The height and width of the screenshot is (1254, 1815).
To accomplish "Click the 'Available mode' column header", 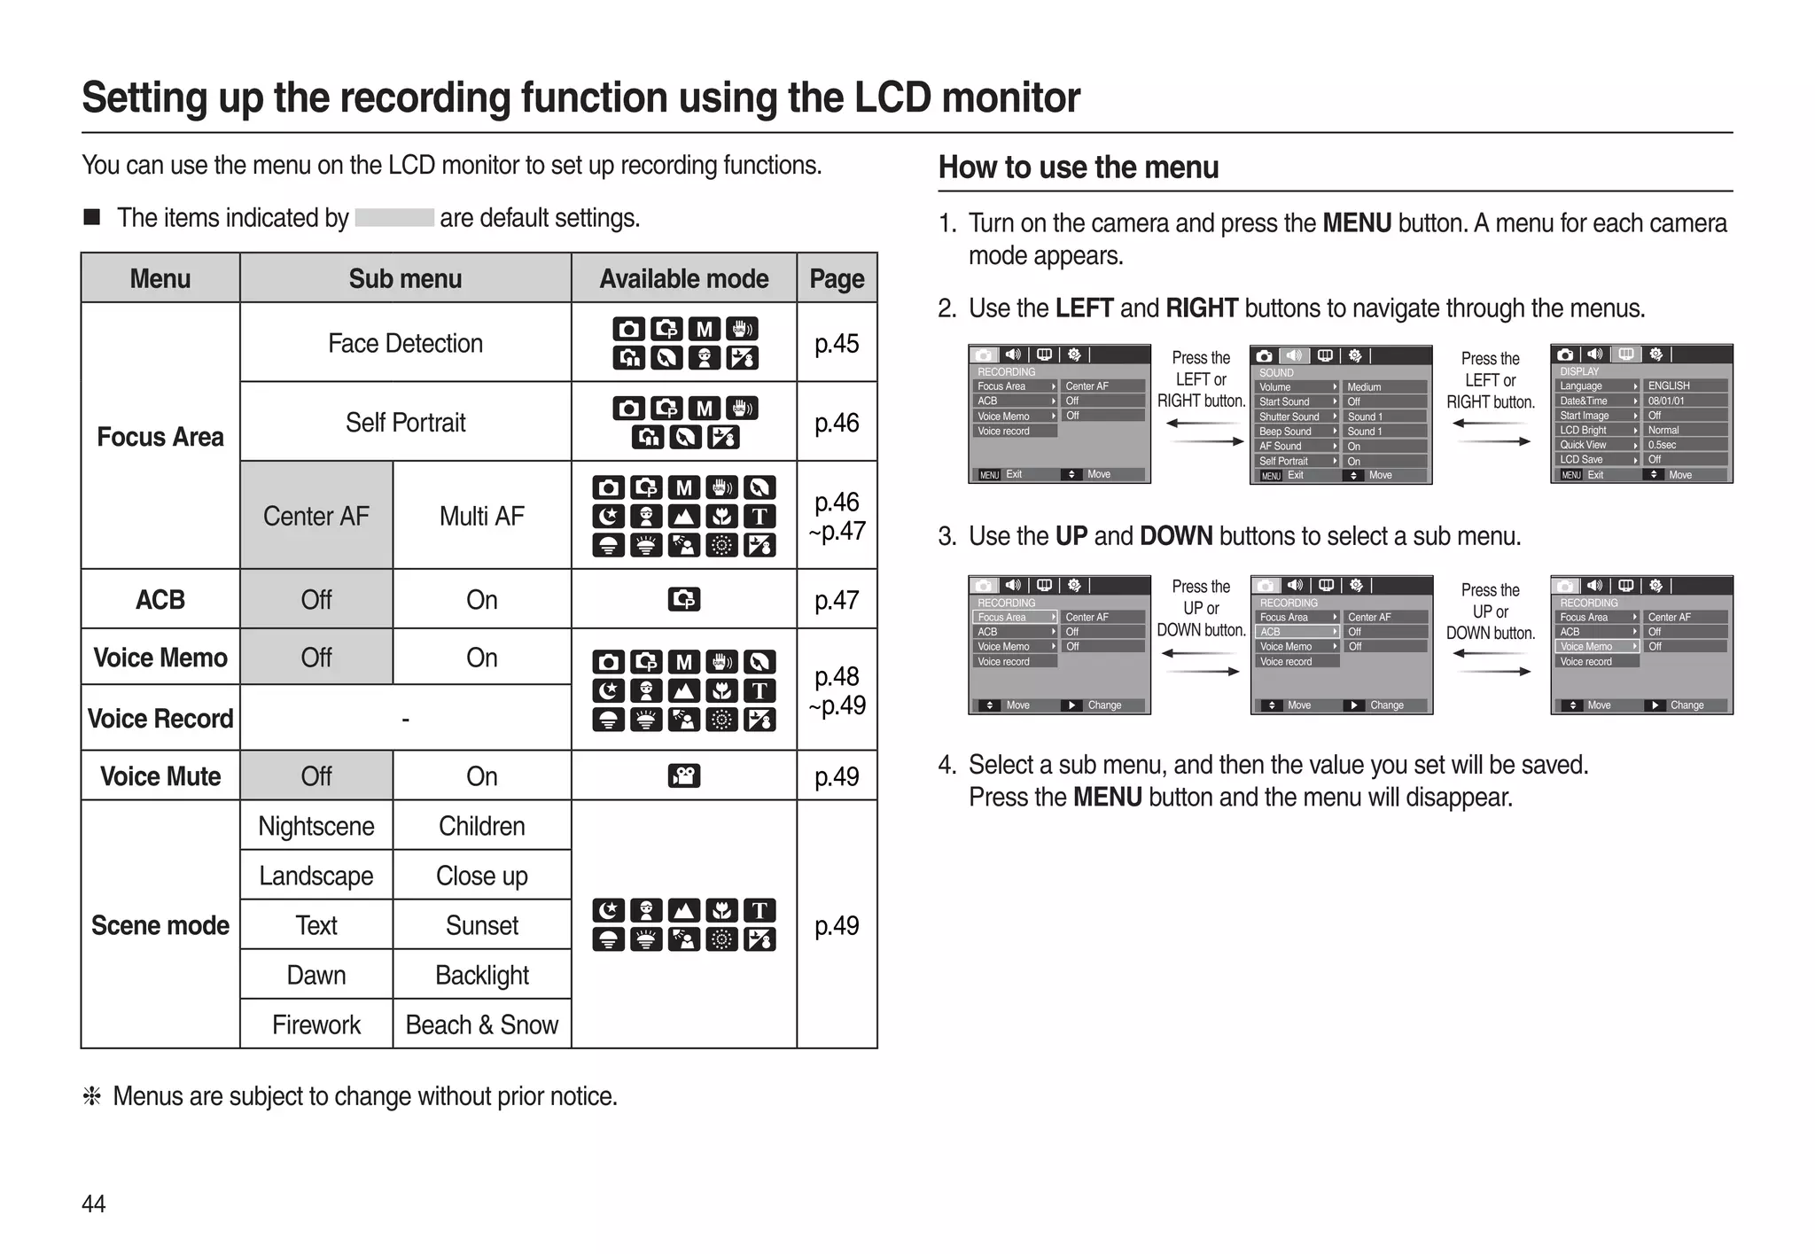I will [683, 279].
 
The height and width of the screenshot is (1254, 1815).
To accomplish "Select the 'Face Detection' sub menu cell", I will [405, 343].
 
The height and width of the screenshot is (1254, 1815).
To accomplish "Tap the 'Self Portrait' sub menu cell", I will [405, 422].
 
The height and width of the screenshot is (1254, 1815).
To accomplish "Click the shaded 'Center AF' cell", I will [315, 516].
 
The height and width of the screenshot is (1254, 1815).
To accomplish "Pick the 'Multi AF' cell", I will [481, 516].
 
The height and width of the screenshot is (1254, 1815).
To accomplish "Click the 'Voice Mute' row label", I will [160, 776].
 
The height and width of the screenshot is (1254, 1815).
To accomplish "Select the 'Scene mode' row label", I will [160, 925].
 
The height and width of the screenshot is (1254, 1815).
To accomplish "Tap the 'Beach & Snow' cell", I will [481, 1024].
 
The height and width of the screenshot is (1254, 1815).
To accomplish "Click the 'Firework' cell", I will [315, 1024].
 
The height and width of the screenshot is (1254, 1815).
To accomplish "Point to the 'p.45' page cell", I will [837, 343].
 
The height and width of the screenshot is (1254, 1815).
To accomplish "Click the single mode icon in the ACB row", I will [683, 600].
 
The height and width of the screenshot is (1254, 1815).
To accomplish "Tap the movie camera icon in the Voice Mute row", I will [683, 776].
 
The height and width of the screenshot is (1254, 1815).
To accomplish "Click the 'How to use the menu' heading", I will [1079, 167].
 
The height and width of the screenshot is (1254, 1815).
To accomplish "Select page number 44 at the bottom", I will [93, 1203].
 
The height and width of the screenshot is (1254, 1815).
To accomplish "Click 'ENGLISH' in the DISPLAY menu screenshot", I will [1669, 386].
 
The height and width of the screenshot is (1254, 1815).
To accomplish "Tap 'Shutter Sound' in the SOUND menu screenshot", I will [1289, 417].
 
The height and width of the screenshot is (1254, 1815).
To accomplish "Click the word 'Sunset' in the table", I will [481, 925].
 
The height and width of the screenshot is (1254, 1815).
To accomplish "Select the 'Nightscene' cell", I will [315, 826].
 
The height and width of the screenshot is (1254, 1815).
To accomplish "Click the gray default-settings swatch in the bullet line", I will [394, 218].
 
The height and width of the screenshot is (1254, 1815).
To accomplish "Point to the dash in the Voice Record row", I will [405, 719].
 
